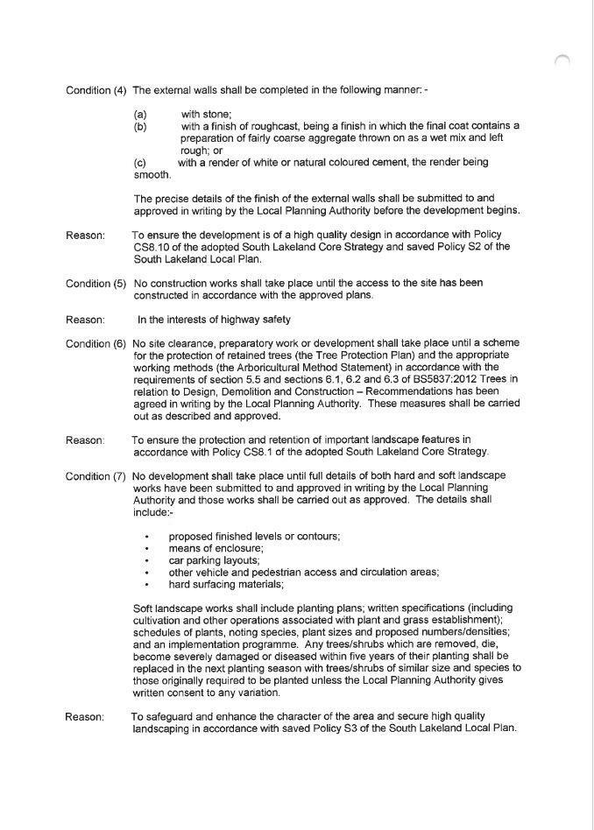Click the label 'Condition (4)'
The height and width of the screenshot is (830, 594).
click(95, 91)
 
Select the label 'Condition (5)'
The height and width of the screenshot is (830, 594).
click(95, 284)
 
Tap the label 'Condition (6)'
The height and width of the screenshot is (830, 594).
click(95, 344)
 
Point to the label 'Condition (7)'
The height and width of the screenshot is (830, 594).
click(95, 475)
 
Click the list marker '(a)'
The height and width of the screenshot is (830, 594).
click(140, 115)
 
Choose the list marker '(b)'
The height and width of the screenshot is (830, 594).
click(140, 127)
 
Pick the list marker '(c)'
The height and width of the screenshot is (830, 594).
click(140, 163)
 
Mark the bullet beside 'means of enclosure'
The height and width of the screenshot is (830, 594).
click(147, 548)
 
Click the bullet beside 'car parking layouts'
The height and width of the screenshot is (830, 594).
click(147, 560)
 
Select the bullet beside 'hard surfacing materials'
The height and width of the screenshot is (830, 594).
click(147, 585)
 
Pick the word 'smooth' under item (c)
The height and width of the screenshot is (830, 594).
click(151, 174)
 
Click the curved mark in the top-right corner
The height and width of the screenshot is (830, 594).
click(563, 60)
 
